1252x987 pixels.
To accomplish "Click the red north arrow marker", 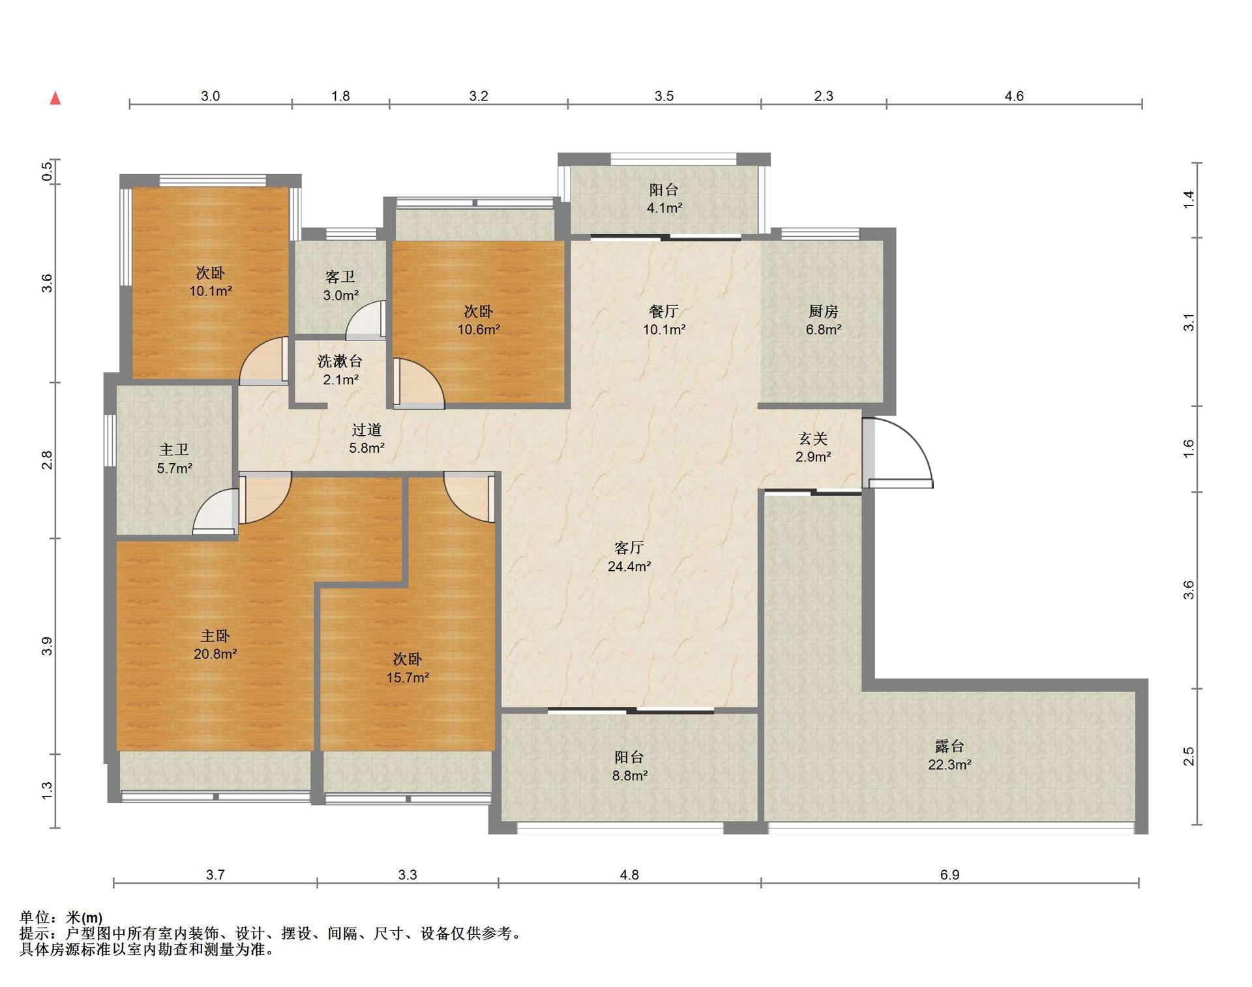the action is point(56,99).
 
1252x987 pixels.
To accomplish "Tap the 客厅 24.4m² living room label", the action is point(629,556).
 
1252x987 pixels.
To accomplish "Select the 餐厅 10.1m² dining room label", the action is point(664,320).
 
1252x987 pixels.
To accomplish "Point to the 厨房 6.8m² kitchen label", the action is point(824,320).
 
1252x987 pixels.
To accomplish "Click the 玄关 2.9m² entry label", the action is point(813,448).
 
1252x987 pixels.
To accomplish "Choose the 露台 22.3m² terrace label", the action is point(949,755).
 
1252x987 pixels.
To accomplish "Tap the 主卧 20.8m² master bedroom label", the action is point(215,645).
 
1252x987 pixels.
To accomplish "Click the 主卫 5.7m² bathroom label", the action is point(175,459).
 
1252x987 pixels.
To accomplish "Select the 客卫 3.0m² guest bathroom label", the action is point(340,286).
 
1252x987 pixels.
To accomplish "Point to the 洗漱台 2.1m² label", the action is point(340,370).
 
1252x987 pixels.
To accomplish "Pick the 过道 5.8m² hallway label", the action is point(366,438).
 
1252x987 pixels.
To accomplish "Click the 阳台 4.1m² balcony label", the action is point(664,199).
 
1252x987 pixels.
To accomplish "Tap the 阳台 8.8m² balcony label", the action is point(629,767).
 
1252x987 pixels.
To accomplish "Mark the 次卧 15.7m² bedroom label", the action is point(408,668).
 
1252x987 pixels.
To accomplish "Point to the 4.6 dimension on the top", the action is point(1014,96).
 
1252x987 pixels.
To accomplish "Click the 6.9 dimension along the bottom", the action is point(949,874).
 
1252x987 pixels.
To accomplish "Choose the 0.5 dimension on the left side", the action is point(47,172).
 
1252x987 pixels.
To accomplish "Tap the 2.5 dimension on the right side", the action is point(1189,756).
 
